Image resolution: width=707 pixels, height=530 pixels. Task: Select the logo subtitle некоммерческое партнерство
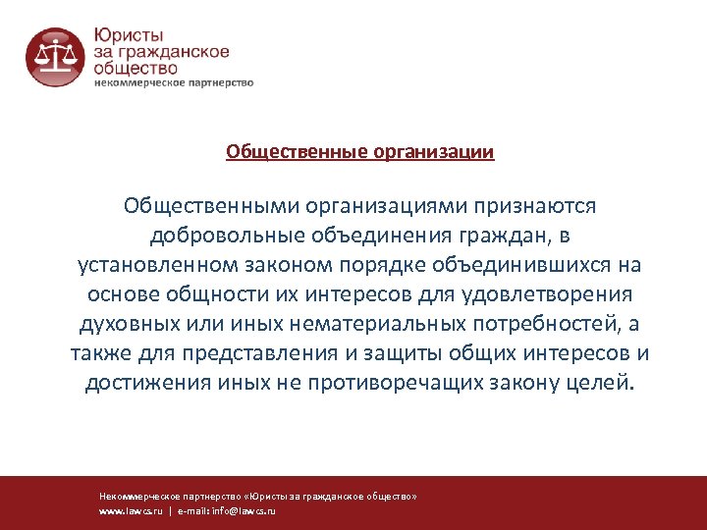pyautogui.click(x=173, y=83)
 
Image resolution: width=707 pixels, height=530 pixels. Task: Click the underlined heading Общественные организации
pyautogui.click(x=359, y=152)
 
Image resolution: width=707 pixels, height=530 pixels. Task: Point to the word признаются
pyautogui.click(x=534, y=206)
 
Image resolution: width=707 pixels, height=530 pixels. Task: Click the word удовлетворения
pyautogui.click(x=552, y=294)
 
